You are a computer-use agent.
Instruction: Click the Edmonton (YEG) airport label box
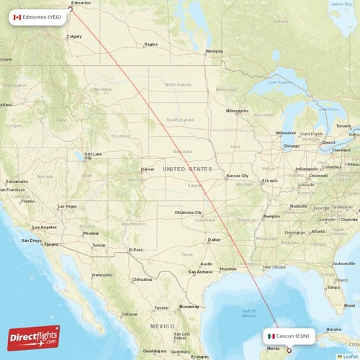(x=40, y=16)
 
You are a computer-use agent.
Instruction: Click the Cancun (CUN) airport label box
(x=288, y=336)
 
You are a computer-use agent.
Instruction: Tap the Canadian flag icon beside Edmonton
(x=17, y=16)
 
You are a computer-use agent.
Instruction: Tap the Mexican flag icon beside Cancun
(x=271, y=336)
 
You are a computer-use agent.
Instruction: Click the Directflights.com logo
(x=34, y=338)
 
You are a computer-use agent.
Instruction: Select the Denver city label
(x=148, y=169)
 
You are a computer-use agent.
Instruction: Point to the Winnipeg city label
(x=214, y=52)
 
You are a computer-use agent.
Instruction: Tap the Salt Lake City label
(x=94, y=155)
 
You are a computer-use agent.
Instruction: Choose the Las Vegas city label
(x=67, y=207)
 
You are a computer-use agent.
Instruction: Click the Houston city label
(x=228, y=269)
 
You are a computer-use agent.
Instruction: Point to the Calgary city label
(x=73, y=36)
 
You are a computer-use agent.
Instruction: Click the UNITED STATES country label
(x=187, y=168)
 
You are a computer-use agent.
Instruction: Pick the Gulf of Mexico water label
(x=248, y=312)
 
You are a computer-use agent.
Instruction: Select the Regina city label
(x=150, y=44)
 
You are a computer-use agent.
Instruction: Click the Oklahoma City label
(x=188, y=212)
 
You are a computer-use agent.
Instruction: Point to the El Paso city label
(x=135, y=250)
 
